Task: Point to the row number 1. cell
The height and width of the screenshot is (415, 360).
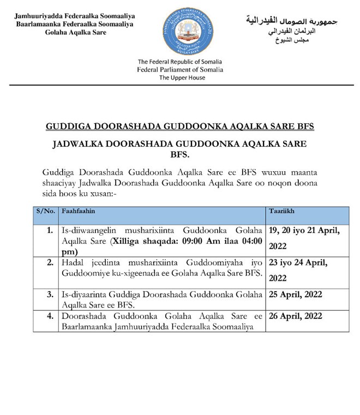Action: pos(50,231)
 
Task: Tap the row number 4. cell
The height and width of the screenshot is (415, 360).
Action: pos(50,316)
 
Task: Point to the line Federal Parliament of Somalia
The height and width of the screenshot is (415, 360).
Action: pos(180,70)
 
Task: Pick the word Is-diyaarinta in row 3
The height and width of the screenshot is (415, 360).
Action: pos(83,294)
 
